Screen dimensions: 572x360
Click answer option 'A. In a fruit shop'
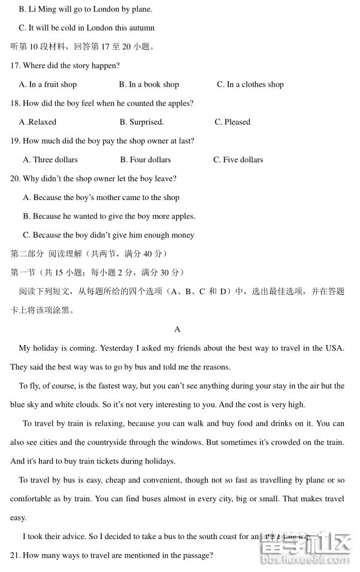point(48,84)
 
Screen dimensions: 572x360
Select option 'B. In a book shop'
point(149,84)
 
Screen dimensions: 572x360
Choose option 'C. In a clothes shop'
point(250,84)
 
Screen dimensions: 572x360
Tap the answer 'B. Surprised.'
point(141,122)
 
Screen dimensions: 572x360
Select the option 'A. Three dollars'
point(50,160)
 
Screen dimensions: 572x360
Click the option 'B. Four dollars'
point(146,160)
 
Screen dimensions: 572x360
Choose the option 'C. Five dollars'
point(238,160)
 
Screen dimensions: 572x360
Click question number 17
point(16,66)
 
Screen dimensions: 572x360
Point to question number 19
point(16,141)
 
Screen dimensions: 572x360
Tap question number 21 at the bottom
point(16,556)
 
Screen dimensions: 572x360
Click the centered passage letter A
point(177,329)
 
